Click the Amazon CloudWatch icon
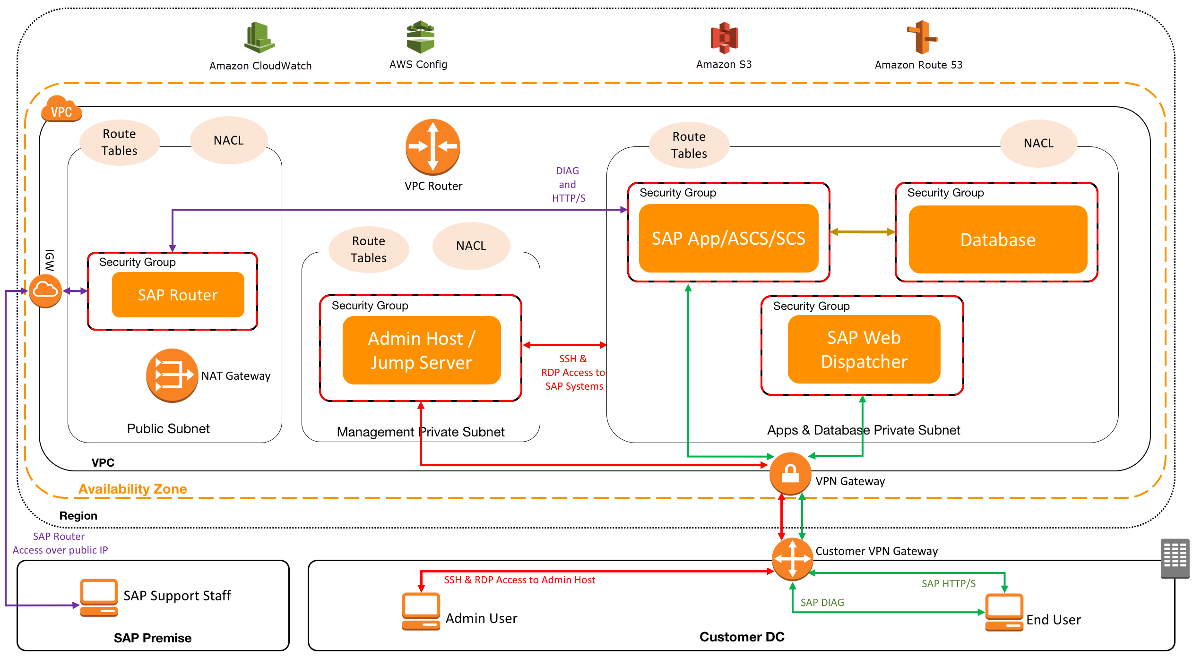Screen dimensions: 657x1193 pyautogui.click(x=259, y=37)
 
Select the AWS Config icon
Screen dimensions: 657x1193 pyautogui.click(x=420, y=37)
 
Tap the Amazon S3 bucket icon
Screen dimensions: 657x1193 pyautogui.click(x=724, y=38)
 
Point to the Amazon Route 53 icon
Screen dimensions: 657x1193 pyautogui.click(x=922, y=37)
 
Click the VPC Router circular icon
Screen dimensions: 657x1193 pyautogui.click(x=432, y=147)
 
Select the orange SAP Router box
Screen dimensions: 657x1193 pyautogui.click(x=178, y=295)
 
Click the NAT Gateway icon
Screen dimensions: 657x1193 pyautogui.click(x=172, y=375)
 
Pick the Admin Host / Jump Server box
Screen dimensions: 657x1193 pyautogui.click(x=421, y=350)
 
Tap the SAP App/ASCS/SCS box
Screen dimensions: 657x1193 pyautogui.click(x=728, y=239)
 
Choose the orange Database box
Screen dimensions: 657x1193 pyautogui.click(x=998, y=239)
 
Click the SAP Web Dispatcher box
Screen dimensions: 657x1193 pyautogui.click(x=864, y=350)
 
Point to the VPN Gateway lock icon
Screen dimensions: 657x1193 pyautogui.click(x=790, y=474)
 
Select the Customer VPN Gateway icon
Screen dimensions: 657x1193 pyautogui.click(x=792, y=559)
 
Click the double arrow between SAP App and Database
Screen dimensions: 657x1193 pyautogui.click(x=862, y=232)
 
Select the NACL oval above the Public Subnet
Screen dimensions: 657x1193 pyautogui.click(x=229, y=140)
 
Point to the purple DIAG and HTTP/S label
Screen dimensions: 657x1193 pyautogui.click(x=568, y=185)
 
